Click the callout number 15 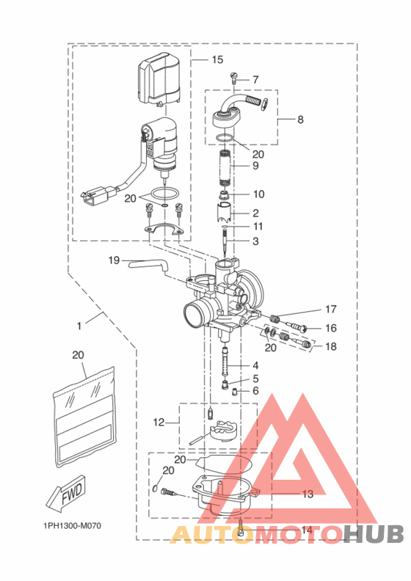[217, 59]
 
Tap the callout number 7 [255, 79]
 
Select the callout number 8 [300, 118]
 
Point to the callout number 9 [255, 167]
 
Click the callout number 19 [114, 260]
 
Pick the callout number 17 [331, 309]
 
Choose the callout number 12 [158, 422]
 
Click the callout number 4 [255, 365]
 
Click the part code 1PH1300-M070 [71, 526]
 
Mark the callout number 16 [331, 328]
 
